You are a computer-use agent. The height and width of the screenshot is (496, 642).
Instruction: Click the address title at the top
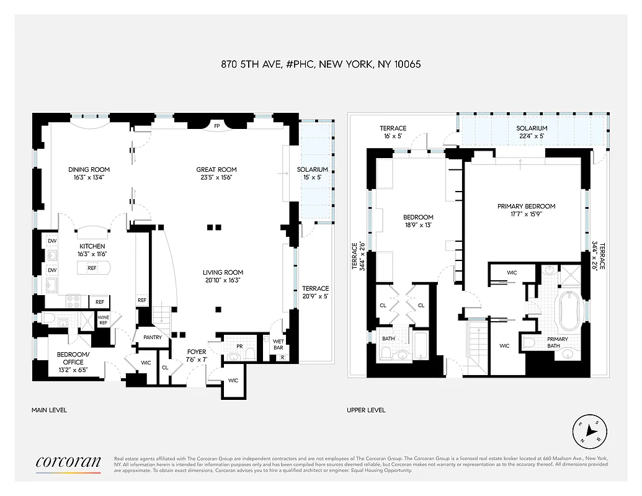tap(321, 64)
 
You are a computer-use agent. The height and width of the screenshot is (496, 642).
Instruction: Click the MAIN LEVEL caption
tap(49, 410)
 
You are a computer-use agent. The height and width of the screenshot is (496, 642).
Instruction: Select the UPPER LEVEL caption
tap(366, 410)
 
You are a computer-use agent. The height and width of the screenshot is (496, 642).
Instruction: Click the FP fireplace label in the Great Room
tap(217, 126)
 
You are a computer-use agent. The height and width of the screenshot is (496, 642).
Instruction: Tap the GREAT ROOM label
tap(216, 169)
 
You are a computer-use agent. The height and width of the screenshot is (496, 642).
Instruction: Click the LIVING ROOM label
tap(223, 272)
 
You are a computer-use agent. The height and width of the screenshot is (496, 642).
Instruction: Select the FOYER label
tap(197, 352)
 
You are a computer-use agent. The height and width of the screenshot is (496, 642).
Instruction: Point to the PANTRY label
tap(152, 338)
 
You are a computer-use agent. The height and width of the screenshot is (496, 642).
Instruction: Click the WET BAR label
tap(279, 343)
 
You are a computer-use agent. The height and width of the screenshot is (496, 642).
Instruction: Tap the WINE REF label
tap(104, 321)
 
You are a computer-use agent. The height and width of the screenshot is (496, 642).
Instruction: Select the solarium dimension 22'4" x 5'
tap(532, 136)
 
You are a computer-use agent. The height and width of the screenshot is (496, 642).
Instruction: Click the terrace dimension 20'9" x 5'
tap(315, 296)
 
